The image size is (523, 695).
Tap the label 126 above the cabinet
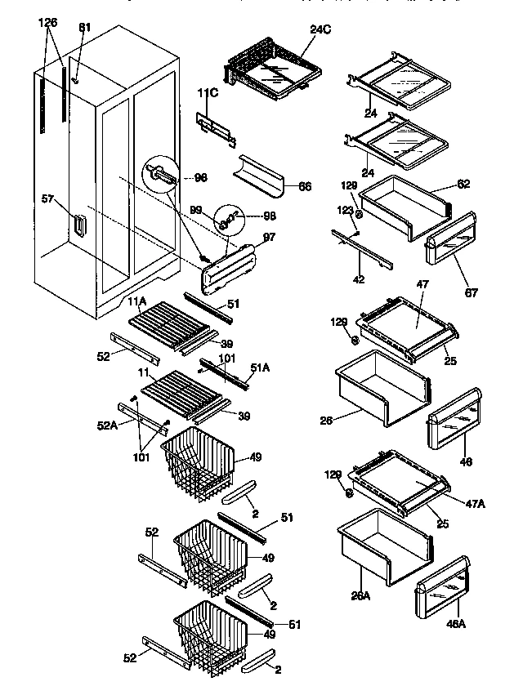pyautogui.click(x=48, y=23)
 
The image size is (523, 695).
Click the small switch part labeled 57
pyautogui.click(x=78, y=225)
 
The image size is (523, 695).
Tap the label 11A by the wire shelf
pyautogui.click(x=137, y=301)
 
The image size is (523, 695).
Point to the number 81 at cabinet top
pyautogui.click(x=85, y=28)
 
